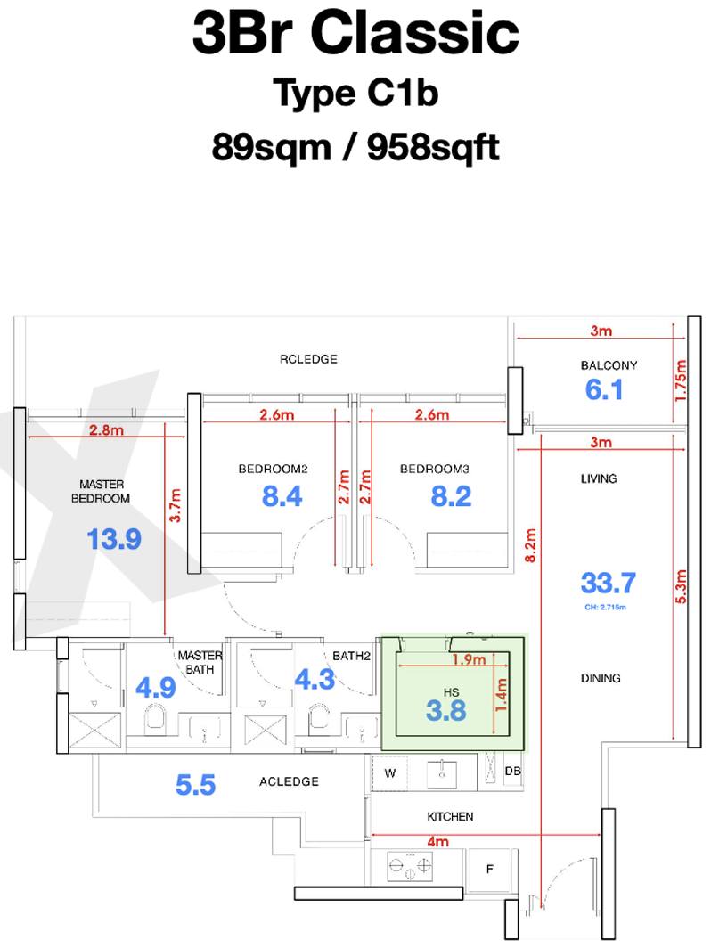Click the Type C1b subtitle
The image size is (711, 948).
[x=355, y=94]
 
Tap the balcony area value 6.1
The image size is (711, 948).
[x=604, y=389]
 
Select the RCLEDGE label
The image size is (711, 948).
[x=308, y=359]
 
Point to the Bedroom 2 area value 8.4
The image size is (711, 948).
[x=282, y=496]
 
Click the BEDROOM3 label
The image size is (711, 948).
[x=435, y=470]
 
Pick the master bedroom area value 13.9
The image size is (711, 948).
[x=114, y=539]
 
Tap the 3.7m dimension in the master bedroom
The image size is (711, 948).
[x=175, y=505]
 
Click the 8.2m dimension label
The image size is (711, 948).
[x=530, y=545]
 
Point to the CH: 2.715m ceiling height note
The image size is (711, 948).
[x=605, y=607]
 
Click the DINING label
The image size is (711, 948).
[x=601, y=678]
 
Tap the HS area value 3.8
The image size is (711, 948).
[x=446, y=711]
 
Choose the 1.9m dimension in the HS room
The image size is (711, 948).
[x=470, y=659]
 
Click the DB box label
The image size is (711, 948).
[x=512, y=772]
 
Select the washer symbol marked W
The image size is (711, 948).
[x=390, y=772]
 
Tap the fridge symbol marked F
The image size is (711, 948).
[x=490, y=870]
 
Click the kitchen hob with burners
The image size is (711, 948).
[x=410, y=866]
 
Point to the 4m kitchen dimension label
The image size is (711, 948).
[x=437, y=842]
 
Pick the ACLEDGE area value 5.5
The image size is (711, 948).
[x=195, y=785]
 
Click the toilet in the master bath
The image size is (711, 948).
[x=155, y=720]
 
